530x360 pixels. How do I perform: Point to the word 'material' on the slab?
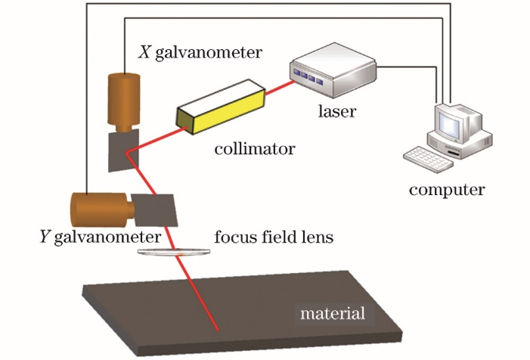[333, 312]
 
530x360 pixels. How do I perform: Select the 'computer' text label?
[447, 188]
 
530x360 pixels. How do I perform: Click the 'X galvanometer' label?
[200, 52]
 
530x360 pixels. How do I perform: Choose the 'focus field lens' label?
[274, 237]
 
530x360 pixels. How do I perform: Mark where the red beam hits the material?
[219, 331]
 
